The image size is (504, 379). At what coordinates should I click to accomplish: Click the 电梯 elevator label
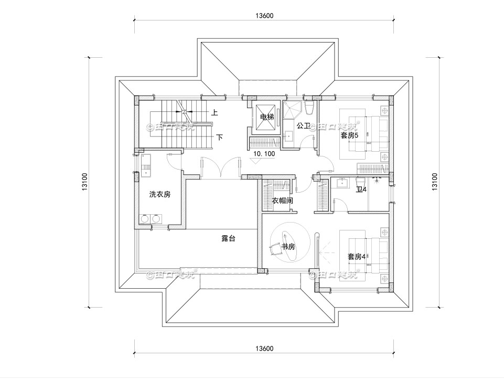(x=267, y=117)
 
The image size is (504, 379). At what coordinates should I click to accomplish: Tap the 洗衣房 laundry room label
(x=159, y=194)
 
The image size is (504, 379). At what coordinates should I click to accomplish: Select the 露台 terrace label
(x=228, y=238)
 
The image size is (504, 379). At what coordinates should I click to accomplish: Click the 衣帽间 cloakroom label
(x=282, y=201)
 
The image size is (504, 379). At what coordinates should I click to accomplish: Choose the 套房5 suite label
(x=349, y=135)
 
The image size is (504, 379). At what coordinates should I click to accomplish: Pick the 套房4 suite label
(x=356, y=257)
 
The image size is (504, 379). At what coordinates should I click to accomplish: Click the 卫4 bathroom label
(x=361, y=189)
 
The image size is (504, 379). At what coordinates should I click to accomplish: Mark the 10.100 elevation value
(x=264, y=154)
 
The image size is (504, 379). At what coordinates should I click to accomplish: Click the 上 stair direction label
(x=215, y=112)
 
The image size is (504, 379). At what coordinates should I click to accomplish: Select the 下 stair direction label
(x=220, y=138)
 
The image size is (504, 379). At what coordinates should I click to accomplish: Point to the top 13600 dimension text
(x=264, y=16)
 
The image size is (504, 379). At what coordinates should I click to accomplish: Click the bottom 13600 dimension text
(x=264, y=348)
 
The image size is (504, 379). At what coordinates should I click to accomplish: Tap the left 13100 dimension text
(x=84, y=182)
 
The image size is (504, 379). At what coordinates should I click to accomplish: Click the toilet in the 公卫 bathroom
(x=309, y=108)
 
